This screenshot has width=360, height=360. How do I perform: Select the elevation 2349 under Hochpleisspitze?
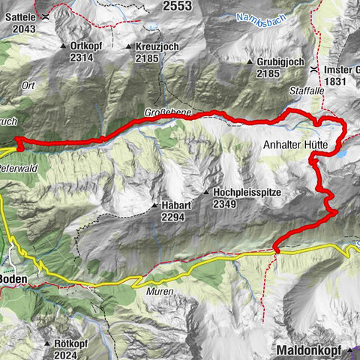click(225, 204)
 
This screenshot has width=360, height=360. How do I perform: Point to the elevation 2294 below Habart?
click(172, 216)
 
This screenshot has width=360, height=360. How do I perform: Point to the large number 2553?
click(176, 6)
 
